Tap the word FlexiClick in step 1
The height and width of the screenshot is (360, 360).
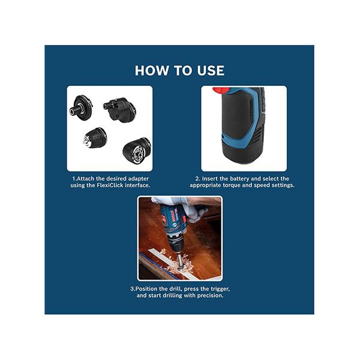click(x=110, y=185)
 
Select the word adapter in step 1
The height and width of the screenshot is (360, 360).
click(x=138, y=179)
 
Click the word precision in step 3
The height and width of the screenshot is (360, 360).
click(x=211, y=295)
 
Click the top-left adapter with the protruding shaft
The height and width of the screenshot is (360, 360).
click(x=81, y=107)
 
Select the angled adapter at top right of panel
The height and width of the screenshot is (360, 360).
click(x=119, y=110)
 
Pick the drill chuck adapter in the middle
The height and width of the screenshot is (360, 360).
click(x=95, y=138)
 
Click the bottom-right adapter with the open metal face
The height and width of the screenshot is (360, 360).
click(x=137, y=151)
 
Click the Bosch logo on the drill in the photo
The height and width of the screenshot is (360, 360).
click(x=172, y=215)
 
